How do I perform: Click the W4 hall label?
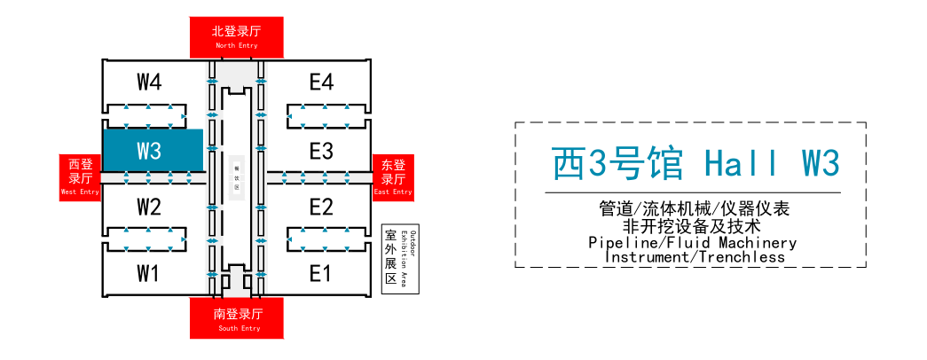pos(149,82)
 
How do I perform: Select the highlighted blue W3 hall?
pos(153,150)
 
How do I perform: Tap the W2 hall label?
pos(149,207)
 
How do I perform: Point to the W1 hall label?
pos(147,272)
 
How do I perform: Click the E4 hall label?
pos(321,82)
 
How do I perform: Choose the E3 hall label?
pos(321,151)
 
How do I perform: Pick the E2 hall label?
pos(321,207)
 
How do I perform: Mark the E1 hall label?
pos(319,272)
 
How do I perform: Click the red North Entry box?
pos(237,36)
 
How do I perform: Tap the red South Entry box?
pos(237,317)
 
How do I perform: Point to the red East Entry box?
pos(393,176)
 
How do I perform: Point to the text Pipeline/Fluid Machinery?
pos(692,242)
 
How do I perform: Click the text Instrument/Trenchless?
pos(695,257)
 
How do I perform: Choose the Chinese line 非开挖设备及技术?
pos(692,226)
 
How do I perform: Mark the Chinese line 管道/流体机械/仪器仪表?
pos(692,209)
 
